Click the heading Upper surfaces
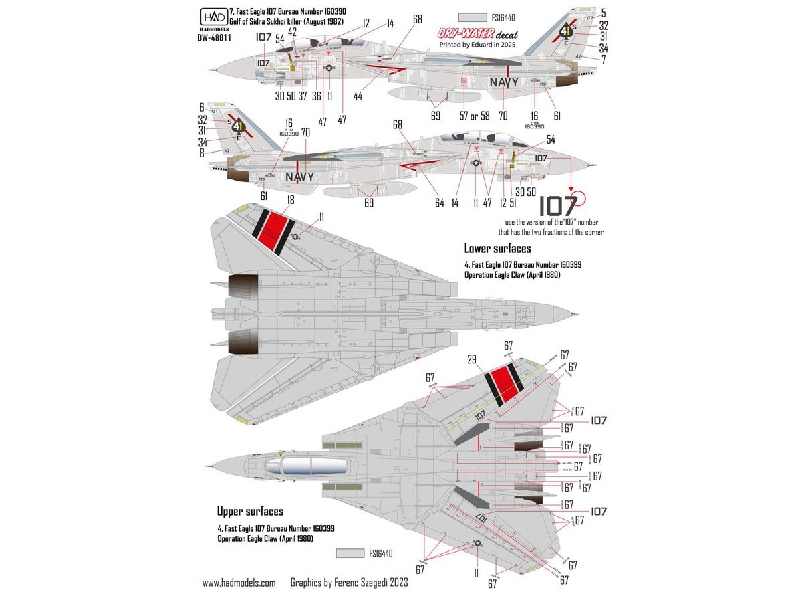250,512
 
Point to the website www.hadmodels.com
239,583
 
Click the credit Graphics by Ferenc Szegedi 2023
349,583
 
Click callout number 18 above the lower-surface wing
271,199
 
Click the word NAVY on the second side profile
299,177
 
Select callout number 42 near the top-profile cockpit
292,31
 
